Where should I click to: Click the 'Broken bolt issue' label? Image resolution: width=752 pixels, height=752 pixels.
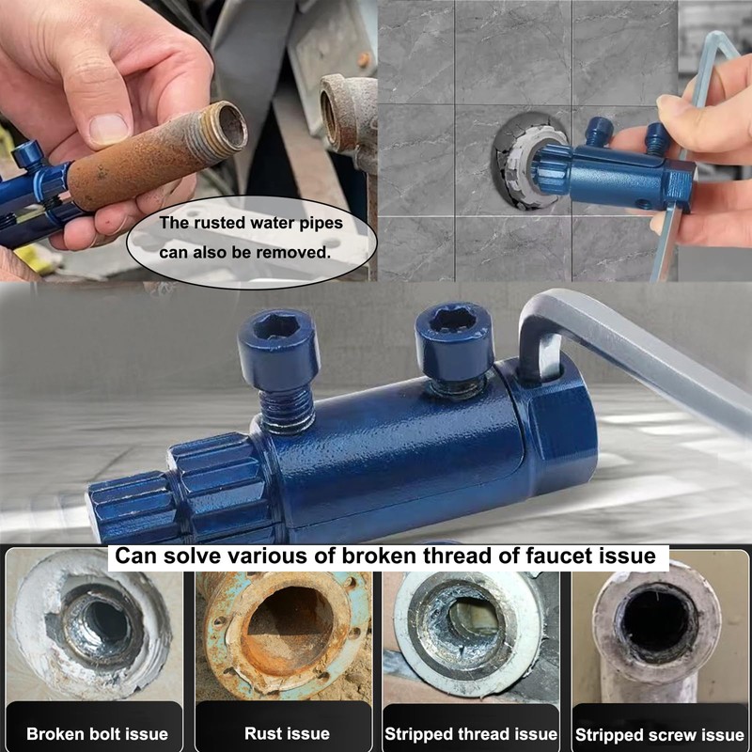(x=97, y=733)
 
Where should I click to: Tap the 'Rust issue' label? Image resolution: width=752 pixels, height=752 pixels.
(x=287, y=733)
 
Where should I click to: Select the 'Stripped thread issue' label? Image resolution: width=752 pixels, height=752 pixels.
(x=471, y=733)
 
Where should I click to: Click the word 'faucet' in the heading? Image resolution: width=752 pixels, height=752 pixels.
(x=552, y=556)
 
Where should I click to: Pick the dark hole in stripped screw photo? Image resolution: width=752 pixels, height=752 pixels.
(x=658, y=620)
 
